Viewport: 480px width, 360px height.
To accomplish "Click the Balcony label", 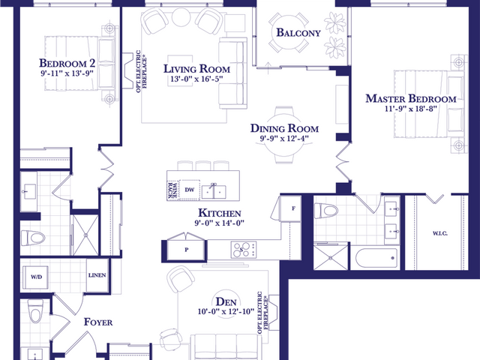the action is click(x=298, y=32).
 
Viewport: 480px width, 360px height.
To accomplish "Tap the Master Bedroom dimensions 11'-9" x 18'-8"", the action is click(x=410, y=109).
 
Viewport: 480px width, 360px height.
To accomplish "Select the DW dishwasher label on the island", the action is click(x=190, y=190).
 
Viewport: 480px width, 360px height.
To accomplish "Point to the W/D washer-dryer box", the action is click(x=36, y=277).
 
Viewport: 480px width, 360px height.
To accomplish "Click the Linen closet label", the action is click(x=97, y=275).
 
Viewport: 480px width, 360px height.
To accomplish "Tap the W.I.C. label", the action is click(x=440, y=233).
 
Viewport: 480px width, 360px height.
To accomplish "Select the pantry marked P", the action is click(x=187, y=250).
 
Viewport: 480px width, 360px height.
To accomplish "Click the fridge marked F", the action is click(x=293, y=208).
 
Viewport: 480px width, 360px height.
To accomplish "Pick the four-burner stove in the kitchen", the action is click(x=244, y=250).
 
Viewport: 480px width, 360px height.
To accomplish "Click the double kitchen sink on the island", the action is click(x=214, y=192).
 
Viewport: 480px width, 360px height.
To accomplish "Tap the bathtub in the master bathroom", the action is click(x=376, y=258).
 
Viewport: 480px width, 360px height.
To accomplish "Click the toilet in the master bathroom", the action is click(x=326, y=211).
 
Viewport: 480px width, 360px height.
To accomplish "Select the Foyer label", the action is click(x=98, y=322).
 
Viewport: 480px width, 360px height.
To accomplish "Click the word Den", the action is click(x=226, y=301).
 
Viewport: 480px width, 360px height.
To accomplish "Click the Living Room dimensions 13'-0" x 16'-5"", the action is click(x=196, y=79).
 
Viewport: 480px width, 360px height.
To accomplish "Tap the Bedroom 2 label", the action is click(x=67, y=63).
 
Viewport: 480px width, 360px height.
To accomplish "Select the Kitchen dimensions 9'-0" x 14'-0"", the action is click(x=220, y=223).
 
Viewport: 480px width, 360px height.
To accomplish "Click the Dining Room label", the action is click(x=284, y=128).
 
